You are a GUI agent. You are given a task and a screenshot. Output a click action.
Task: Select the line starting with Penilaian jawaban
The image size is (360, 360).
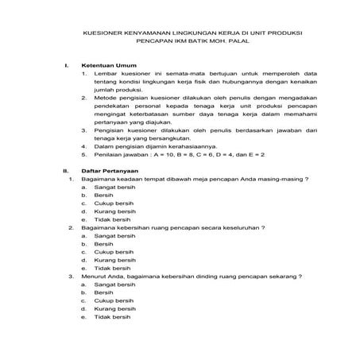pyautogui.click(x=174, y=154)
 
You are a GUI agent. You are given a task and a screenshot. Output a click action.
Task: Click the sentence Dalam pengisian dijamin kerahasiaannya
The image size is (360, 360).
pyautogui.click(x=149, y=145)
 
